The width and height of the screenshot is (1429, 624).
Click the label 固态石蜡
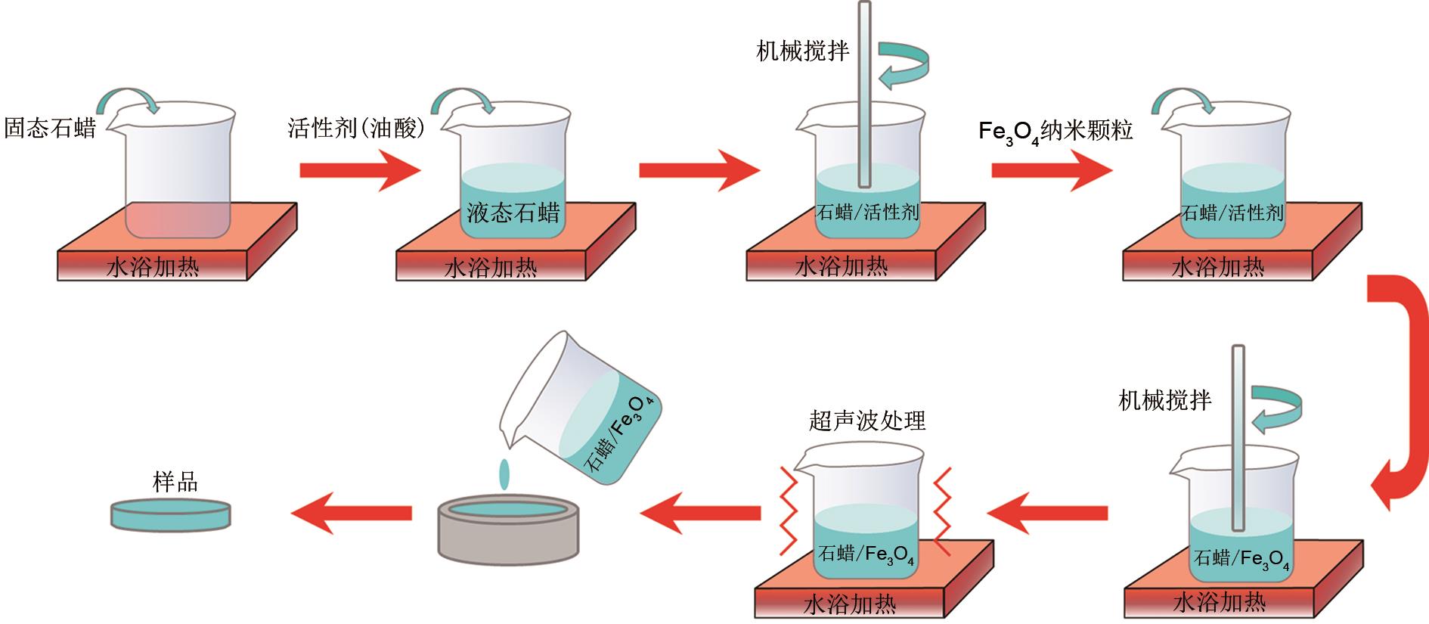coord(50,128)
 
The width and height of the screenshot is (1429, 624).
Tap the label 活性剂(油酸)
coord(357,128)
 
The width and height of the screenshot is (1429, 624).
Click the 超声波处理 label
coord(867,421)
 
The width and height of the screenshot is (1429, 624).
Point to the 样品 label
coord(175,483)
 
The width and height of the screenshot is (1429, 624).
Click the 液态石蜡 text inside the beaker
coord(513,213)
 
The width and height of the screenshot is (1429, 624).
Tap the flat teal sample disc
coord(171,514)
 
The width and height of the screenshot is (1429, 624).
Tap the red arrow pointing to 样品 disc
coord(351,514)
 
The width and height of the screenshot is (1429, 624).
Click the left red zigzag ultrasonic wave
coord(788,510)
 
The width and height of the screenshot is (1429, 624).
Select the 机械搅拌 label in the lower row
coord(1164,400)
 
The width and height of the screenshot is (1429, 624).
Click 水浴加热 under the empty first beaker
coord(153,266)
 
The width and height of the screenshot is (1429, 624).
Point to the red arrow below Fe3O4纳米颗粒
coord(1052,171)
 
